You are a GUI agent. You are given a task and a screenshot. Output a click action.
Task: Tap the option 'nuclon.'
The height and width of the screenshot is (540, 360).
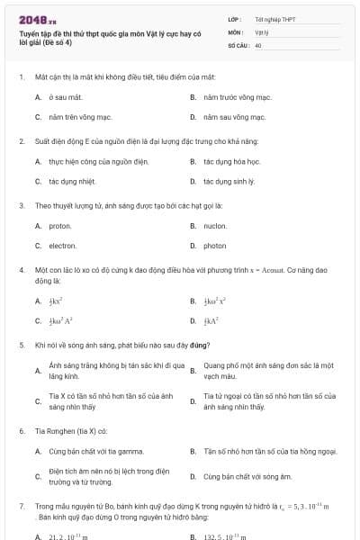point(215,226)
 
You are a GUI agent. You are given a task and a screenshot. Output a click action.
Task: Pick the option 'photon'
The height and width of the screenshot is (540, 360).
point(215,246)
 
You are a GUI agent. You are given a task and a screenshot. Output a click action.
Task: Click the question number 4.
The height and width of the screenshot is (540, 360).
point(21,269)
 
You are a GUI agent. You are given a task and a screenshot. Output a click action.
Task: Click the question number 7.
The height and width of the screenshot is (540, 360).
point(21,507)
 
